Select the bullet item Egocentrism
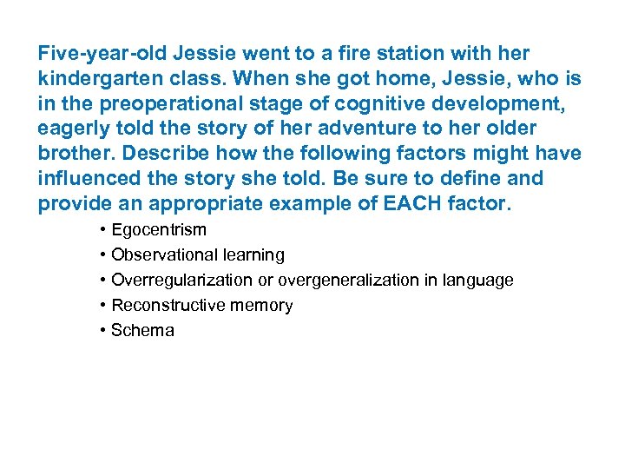tap(159, 230)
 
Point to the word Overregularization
tap(182, 281)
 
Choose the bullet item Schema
tap(142, 331)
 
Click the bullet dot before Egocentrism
tap(102, 230)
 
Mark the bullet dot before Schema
tap(102, 331)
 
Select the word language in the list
tap(482, 281)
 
